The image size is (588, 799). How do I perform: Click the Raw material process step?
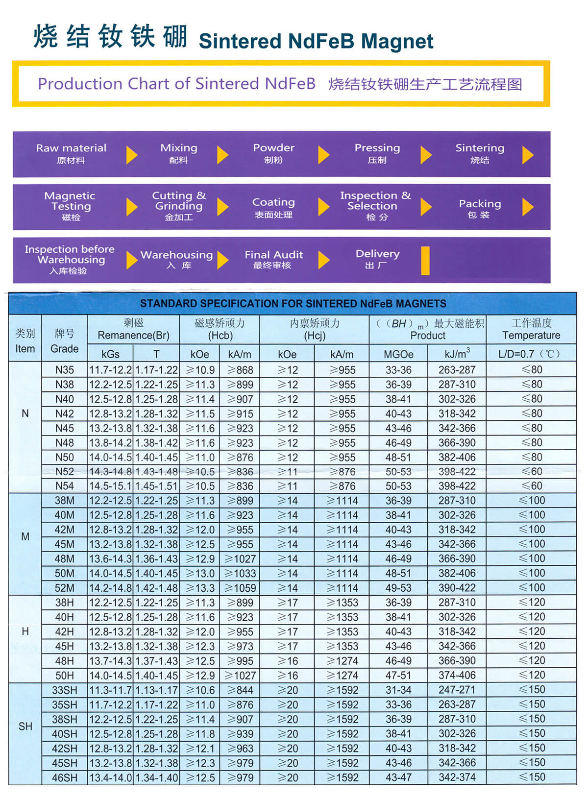click(71, 153)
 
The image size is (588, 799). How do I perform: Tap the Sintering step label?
click(480, 153)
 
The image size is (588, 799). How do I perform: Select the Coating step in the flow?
click(273, 207)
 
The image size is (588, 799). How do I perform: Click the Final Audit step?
click(273, 259)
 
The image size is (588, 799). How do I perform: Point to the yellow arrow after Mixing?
click(222, 155)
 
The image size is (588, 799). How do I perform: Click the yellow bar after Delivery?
click(425, 260)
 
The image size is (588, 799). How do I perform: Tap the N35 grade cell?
click(65, 370)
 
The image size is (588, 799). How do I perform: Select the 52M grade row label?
click(65, 588)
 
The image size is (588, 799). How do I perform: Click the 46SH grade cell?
click(65, 777)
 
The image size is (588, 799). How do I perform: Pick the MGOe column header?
click(398, 354)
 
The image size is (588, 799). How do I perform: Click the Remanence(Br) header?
click(133, 335)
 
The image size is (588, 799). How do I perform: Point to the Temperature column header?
click(531, 335)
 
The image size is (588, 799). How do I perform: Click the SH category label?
click(25, 726)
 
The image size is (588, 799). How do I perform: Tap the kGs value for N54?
click(110, 486)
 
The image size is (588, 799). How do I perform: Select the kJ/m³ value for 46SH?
click(457, 777)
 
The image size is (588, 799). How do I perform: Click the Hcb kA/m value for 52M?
click(240, 588)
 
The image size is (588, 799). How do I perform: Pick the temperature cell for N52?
click(531, 471)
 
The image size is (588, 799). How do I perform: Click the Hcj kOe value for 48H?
click(288, 661)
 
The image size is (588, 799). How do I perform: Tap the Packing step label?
click(480, 208)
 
